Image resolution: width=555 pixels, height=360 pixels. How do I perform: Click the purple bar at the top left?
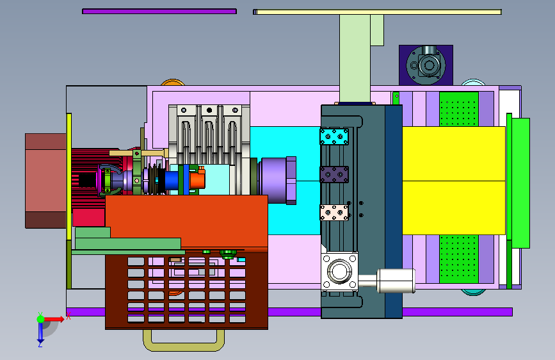159,12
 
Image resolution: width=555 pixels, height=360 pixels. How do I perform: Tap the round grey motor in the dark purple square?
426,65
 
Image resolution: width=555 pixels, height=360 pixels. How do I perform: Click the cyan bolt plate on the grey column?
334,136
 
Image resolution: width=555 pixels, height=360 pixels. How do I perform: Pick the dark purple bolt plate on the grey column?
334,174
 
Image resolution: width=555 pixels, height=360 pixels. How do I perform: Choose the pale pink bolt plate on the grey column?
334,213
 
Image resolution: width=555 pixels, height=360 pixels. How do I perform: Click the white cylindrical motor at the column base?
396,281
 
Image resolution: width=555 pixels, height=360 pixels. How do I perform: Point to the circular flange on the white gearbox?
339,272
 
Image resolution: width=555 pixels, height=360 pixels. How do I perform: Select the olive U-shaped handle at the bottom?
184,346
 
